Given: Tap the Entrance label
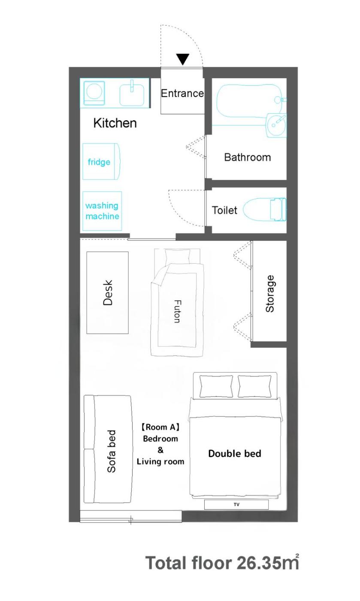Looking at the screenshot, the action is pyautogui.click(x=182, y=94).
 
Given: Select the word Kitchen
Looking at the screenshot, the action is pyautogui.click(x=115, y=123).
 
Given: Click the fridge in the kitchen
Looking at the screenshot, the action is pyautogui.click(x=101, y=161).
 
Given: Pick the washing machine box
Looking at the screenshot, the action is pyautogui.click(x=102, y=211).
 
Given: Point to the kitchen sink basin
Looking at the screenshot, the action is pyautogui.click(x=132, y=95).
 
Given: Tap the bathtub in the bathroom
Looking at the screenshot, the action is pyautogui.click(x=249, y=101).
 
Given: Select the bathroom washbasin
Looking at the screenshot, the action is pyautogui.click(x=276, y=125).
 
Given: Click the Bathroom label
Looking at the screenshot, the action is pyautogui.click(x=247, y=157).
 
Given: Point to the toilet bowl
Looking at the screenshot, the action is pyautogui.click(x=264, y=209).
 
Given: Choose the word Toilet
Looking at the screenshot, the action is pyautogui.click(x=224, y=210).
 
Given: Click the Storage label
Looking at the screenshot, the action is pyautogui.click(x=269, y=294).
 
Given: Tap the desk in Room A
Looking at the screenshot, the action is pyautogui.click(x=107, y=292).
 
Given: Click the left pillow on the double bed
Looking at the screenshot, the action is pyautogui.click(x=216, y=386).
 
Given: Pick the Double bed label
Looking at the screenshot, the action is pyautogui.click(x=235, y=454).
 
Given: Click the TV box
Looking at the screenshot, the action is pyautogui.click(x=236, y=504).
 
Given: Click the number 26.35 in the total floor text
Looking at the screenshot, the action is pyautogui.click(x=257, y=563).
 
